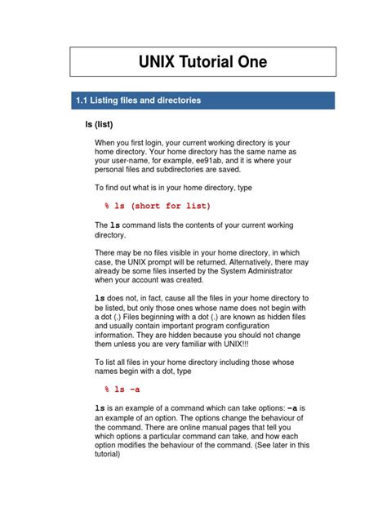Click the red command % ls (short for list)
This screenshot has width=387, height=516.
[158, 206]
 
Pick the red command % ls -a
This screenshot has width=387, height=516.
[122, 389]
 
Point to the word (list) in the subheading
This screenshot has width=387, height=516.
[111, 125]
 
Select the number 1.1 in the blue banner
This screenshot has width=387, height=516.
[81, 100]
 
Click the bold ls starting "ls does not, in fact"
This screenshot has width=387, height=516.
[100, 299]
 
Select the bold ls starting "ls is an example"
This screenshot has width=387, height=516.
[100, 407]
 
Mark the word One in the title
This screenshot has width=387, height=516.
[251, 62]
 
